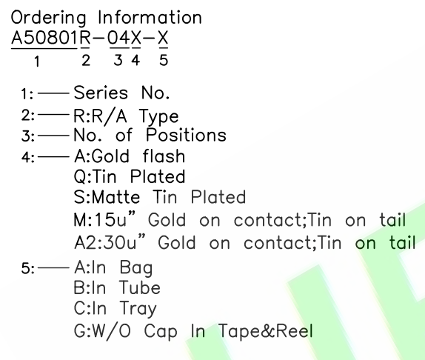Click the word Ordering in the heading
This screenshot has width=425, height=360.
[x=49, y=19]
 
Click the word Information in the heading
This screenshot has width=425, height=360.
[x=150, y=18]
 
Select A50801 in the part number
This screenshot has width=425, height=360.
[x=44, y=38]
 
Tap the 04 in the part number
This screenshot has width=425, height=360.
[x=119, y=38]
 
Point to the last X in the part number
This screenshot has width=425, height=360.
[x=163, y=38]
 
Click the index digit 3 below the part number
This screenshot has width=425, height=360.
[x=118, y=60]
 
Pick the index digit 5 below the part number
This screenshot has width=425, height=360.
[x=164, y=60]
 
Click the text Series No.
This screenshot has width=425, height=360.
[x=121, y=93]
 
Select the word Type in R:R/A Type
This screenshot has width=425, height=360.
[x=159, y=117]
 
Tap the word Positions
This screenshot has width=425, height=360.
[x=186, y=135]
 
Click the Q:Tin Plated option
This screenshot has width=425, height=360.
[x=130, y=177]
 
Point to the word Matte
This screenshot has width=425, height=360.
[x=116, y=197]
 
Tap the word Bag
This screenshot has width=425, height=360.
[x=136, y=268]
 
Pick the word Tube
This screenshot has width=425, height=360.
[x=140, y=287]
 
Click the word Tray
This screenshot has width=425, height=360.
[x=138, y=309]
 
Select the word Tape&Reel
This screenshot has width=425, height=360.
[x=266, y=330]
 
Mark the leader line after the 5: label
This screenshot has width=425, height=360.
[x=53, y=268]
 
